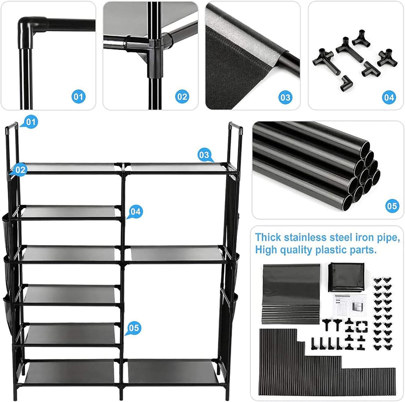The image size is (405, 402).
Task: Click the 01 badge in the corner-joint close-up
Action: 79,97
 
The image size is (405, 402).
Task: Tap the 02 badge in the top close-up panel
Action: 182,97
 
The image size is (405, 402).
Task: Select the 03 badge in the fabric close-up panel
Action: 286,97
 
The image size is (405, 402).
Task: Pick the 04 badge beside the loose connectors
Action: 388,97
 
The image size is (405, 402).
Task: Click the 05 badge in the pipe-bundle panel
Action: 392,206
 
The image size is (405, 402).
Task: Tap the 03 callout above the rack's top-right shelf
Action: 205,155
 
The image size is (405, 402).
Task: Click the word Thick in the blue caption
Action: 269,237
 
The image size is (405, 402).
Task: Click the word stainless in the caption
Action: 307,237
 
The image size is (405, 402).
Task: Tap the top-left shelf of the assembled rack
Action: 69,167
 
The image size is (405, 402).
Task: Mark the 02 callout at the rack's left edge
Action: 21,170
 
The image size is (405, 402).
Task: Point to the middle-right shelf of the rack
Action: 175,254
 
